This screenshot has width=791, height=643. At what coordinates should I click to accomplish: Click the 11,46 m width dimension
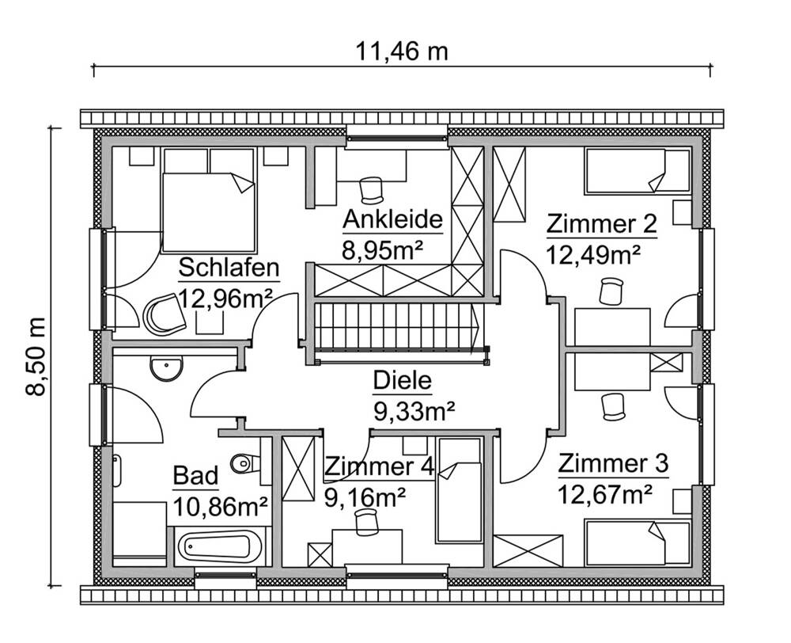pyautogui.click(x=401, y=52)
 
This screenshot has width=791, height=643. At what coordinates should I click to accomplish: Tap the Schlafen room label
pyautogui.click(x=229, y=268)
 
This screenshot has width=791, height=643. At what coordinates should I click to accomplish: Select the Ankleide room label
pyautogui.click(x=391, y=219)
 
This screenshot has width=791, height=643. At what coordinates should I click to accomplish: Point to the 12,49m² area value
pyautogui.click(x=592, y=255)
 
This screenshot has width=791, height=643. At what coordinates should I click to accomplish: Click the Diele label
pyautogui.click(x=403, y=381)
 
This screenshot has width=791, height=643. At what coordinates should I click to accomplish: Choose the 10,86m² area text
pyautogui.click(x=219, y=505)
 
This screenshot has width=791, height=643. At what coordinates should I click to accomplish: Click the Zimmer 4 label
pyautogui.click(x=379, y=466)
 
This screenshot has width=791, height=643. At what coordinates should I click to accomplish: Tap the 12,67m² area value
pyautogui.click(x=605, y=495)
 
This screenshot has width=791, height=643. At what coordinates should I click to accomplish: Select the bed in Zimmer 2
pyautogui.click(x=637, y=172)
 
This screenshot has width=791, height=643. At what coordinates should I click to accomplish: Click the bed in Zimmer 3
pyautogui.click(x=637, y=542)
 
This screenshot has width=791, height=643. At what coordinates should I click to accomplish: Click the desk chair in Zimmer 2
pyautogui.click(x=610, y=291)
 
